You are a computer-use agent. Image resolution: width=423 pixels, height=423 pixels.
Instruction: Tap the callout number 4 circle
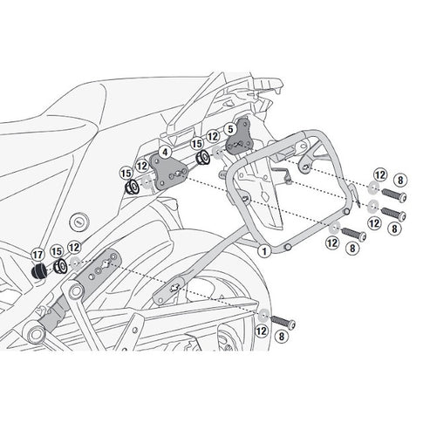coord(164,152)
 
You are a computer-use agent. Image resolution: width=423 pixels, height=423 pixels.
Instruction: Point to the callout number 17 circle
coord(37,255)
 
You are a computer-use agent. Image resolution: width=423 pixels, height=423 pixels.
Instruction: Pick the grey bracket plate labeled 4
coord(166,170)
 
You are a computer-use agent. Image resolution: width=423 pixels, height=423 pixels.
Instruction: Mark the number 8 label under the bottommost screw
coord(281,335)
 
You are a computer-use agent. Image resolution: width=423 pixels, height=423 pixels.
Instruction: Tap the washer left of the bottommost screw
coord(263,314)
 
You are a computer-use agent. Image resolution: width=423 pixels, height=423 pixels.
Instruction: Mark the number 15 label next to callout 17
coord(56,250)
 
